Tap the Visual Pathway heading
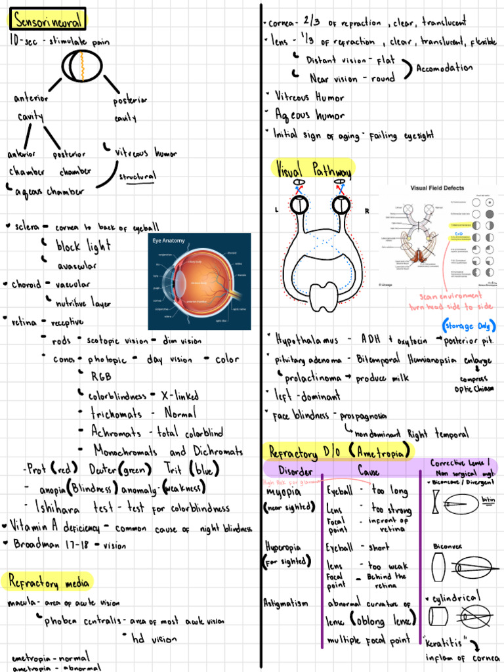pyautogui.click(x=312, y=169)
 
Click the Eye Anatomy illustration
pyautogui.click(x=199, y=281)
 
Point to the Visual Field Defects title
pyautogui.click(x=437, y=188)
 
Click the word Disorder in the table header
pyautogui.click(x=295, y=471)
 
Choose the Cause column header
pyautogui.click(x=368, y=471)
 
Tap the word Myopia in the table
pyautogui.click(x=283, y=492)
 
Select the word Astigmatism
pyautogui.click(x=285, y=602)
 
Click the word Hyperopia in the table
pyautogui.click(x=283, y=547)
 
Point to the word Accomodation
pyautogui.click(x=444, y=68)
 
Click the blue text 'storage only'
pyautogui.click(x=468, y=326)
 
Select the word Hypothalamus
pyautogui.click(x=307, y=340)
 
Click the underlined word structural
pyautogui.click(x=137, y=177)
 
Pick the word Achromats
pyautogui.click(x=117, y=432)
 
